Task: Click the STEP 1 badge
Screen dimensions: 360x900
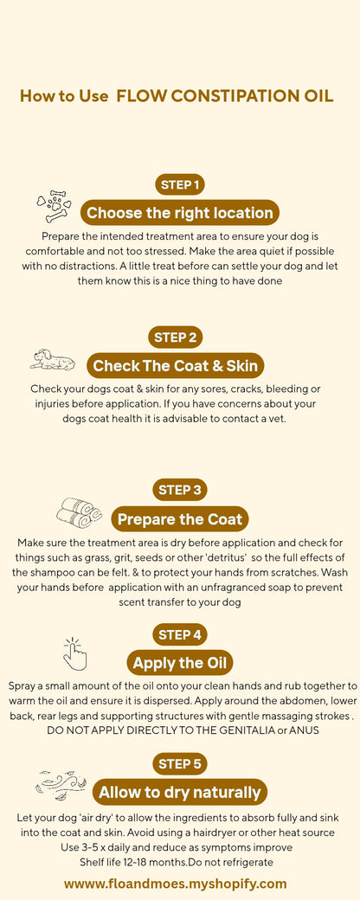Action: tap(180, 184)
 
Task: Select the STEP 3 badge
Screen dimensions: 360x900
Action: tap(180, 490)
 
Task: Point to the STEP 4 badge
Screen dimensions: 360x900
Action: tap(180, 634)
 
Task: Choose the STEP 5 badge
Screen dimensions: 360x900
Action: tap(180, 764)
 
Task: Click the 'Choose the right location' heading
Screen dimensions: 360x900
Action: tap(180, 213)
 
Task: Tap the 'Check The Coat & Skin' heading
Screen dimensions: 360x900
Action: tap(175, 365)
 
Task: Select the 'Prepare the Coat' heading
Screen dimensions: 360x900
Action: tap(180, 519)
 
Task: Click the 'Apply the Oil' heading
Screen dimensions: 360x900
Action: tap(180, 664)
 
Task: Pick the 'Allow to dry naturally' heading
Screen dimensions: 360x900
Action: tap(180, 793)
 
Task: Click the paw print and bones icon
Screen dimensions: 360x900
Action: tap(54, 206)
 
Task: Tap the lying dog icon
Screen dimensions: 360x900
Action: tap(52, 359)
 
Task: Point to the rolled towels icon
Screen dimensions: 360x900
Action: tap(80, 512)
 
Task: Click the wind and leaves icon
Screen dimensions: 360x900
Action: tap(61, 785)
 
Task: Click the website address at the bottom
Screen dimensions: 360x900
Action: tap(175, 884)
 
